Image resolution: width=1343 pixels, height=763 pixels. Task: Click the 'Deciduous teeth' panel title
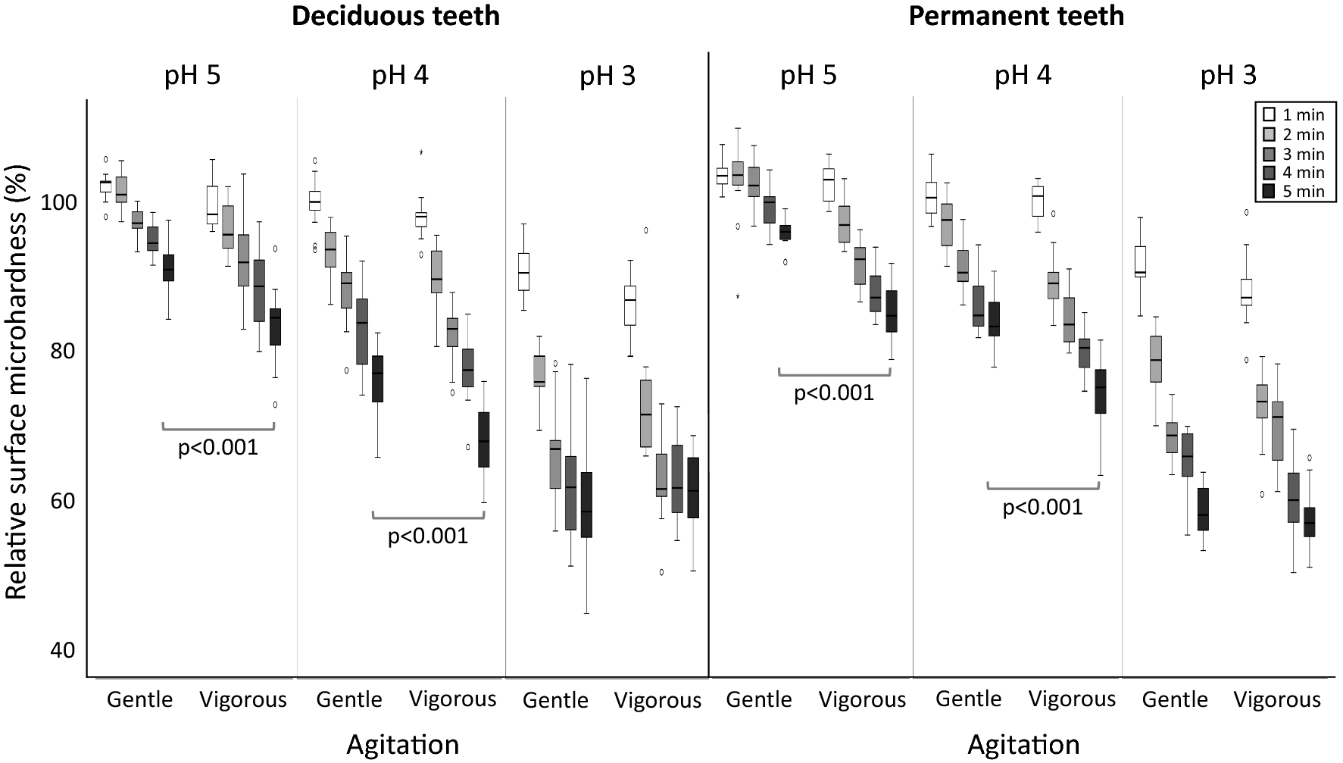(395, 16)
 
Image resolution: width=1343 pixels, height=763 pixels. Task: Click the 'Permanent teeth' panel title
(1016, 16)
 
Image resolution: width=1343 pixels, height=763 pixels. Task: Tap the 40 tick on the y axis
(62, 651)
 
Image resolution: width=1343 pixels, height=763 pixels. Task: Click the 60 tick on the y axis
(62, 502)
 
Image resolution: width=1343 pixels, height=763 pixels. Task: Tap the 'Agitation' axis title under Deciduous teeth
(403, 745)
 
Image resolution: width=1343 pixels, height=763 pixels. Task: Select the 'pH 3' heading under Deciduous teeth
(607, 77)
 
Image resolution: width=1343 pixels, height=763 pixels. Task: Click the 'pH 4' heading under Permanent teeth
(1023, 76)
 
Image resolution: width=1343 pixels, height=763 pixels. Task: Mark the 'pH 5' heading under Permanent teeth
(808, 77)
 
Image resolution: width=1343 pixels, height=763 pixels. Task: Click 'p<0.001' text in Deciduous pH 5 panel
(218, 448)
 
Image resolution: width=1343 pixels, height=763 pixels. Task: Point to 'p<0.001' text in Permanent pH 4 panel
(1042, 507)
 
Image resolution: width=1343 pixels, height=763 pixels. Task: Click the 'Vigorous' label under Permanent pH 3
(1277, 699)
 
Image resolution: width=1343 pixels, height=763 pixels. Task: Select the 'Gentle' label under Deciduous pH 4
(349, 699)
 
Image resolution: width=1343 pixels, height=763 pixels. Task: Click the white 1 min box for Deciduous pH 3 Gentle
(523, 271)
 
